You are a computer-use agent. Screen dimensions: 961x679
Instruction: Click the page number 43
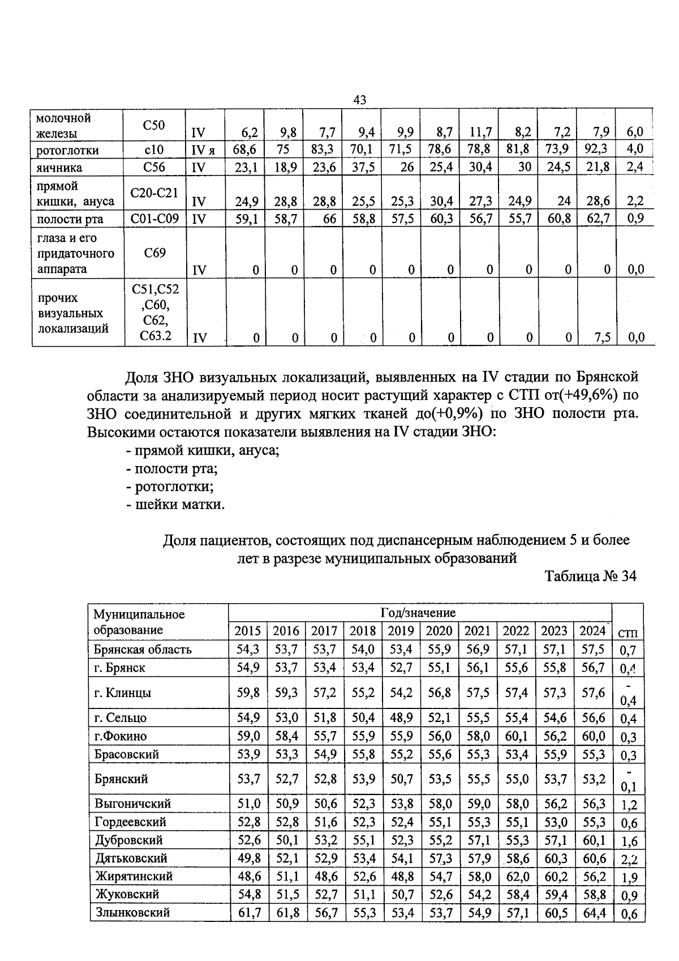click(x=359, y=100)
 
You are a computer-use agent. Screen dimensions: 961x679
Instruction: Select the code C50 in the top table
click(x=154, y=126)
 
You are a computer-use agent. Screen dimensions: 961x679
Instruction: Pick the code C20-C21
click(x=154, y=193)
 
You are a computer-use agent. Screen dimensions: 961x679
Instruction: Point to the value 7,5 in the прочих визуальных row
click(x=602, y=338)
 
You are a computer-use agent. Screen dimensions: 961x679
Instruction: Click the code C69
click(x=154, y=253)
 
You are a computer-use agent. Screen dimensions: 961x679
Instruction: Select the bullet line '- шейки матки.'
click(x=175, y=505)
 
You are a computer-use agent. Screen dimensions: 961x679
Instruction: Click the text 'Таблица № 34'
click(x=590, y=576)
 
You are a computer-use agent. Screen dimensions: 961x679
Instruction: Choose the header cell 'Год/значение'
click(x=418, y=613)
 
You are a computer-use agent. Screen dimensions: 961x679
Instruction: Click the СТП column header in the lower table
click(x=628, y=634)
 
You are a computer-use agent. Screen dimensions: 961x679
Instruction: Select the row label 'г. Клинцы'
click(x=122, y=693)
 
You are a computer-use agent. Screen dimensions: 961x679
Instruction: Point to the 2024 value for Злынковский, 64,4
click(x=593, y=912)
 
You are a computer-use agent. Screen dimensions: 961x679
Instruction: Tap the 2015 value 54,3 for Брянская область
click(x=248, y=650)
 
